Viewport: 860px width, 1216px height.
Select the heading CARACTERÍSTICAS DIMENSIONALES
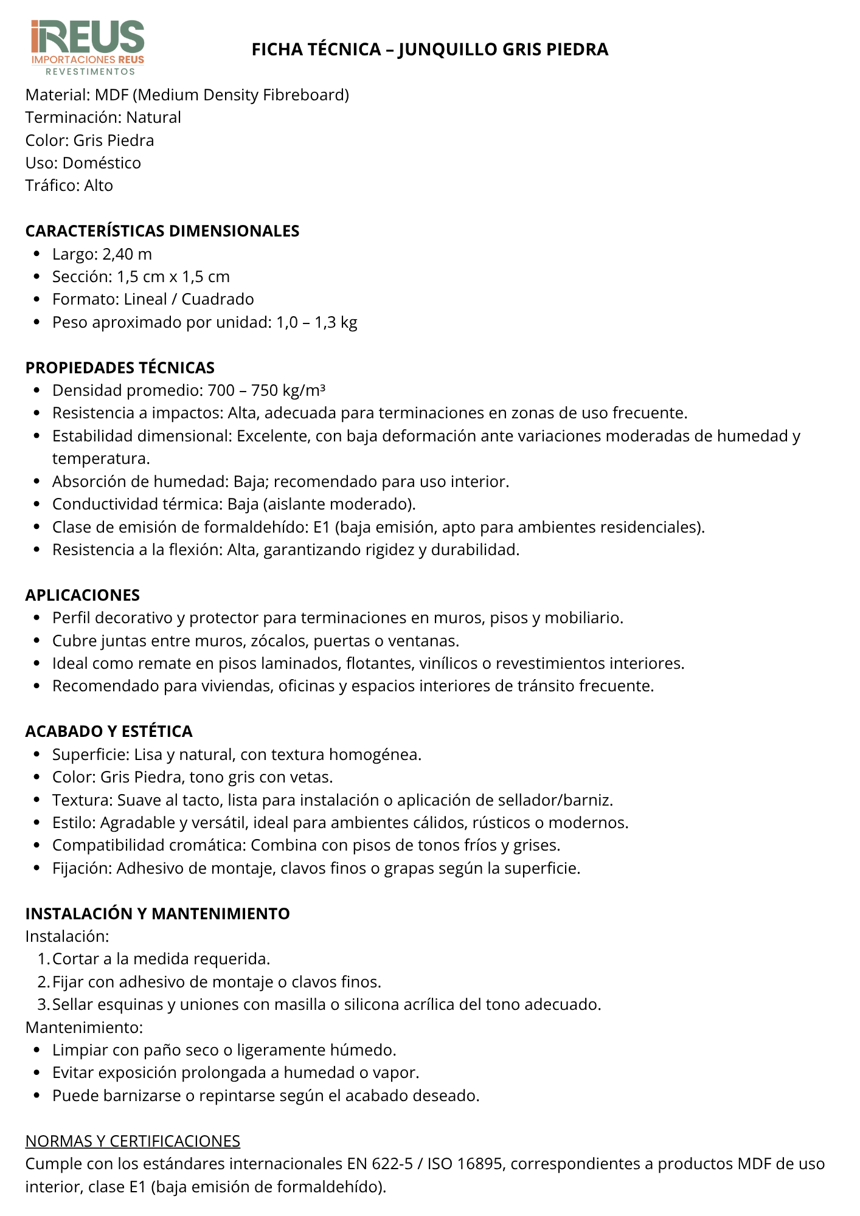point(162,231)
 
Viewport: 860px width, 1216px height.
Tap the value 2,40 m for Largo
point(127,254)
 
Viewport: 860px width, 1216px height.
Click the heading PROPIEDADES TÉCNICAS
point(120,368)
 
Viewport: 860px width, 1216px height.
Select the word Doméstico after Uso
point(102,163)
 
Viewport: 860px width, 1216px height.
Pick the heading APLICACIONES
point(83,595)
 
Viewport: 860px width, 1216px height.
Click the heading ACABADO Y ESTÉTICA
point(109,731)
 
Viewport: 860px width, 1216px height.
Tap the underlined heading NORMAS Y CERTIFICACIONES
point(133,1141)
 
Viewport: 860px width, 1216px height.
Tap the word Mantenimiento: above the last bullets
point(84,1028)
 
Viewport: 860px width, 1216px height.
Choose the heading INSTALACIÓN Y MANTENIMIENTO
point(158,914)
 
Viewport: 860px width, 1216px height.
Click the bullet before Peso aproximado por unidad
point(37,322)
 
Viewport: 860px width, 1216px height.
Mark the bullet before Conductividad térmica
point(37,505)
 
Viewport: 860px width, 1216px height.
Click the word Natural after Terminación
point(153,117)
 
